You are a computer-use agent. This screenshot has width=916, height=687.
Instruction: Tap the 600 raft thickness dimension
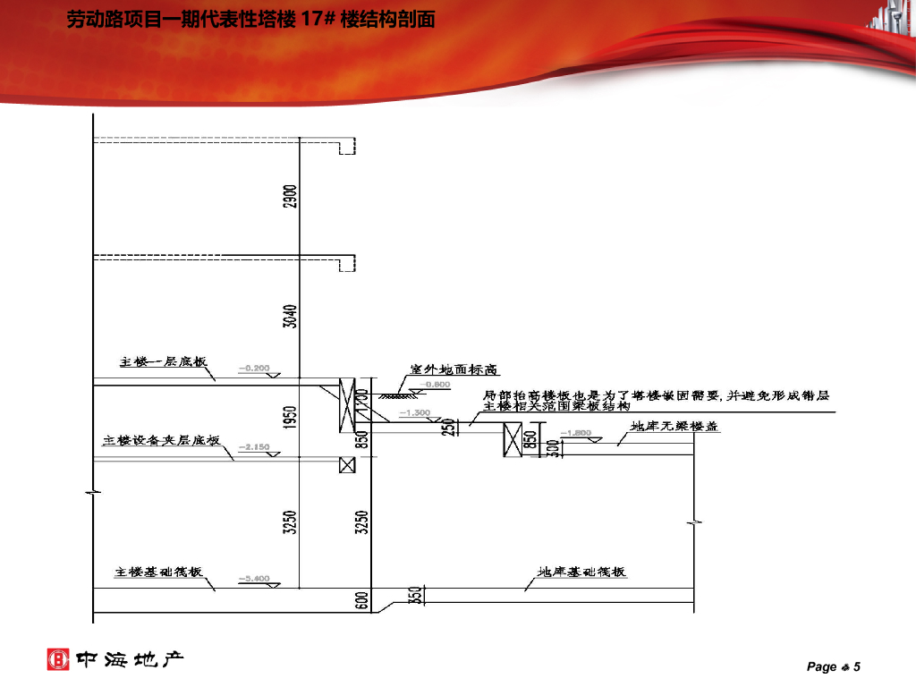pos(362,599)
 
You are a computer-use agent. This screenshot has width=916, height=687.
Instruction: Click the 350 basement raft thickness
pos(414,595)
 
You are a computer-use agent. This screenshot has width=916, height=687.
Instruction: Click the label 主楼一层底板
pos(164,362)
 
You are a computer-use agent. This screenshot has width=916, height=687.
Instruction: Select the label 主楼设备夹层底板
pos(161,440)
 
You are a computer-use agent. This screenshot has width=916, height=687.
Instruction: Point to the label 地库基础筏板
pos(581,572)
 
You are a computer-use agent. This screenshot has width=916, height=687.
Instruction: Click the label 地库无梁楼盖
pos(674,427)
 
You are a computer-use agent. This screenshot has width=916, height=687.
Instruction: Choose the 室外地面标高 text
pos(454,369)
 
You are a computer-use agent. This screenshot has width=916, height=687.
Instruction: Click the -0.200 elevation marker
pos(254,368)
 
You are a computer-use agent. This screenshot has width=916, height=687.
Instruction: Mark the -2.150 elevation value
pos(254,446)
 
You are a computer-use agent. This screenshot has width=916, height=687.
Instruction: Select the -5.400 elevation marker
pos(254,579)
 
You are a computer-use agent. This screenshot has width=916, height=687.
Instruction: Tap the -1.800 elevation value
pos(576,433)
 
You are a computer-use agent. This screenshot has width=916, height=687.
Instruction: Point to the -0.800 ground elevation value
pos(438,385)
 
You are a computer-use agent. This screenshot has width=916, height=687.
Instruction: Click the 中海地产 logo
pos(115,660)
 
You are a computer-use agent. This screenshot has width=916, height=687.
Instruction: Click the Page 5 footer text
pos(833,666)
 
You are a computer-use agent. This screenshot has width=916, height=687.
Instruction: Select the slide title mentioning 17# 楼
pos(250,19)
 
